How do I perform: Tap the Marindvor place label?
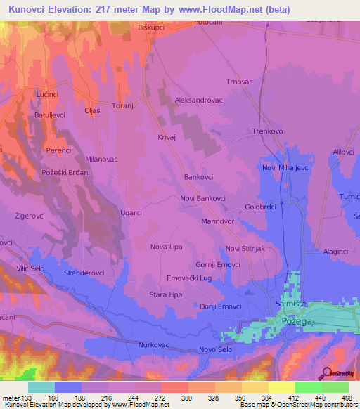217,221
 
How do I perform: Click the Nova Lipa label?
167,247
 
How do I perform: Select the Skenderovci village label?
84,272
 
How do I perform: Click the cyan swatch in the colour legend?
41,387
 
